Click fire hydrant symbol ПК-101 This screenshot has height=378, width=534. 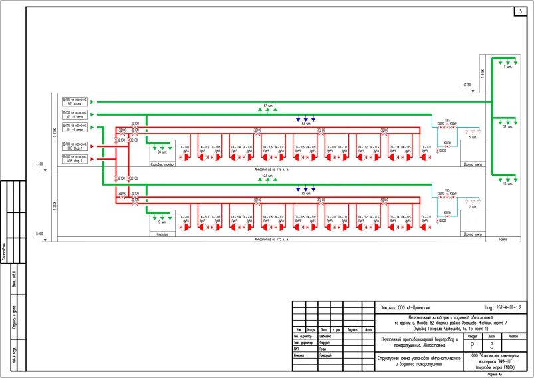186,157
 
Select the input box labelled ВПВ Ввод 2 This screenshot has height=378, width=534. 74,159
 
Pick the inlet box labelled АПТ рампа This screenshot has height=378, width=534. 74,101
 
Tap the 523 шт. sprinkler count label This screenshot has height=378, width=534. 267,176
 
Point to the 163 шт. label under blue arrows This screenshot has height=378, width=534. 305,124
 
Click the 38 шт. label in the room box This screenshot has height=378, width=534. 162,152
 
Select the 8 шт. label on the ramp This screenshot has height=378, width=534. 509,67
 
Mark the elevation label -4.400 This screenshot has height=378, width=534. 38,163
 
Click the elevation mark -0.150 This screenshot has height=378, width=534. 466,85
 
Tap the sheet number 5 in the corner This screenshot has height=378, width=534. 520,12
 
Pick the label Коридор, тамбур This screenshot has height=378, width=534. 162,164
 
